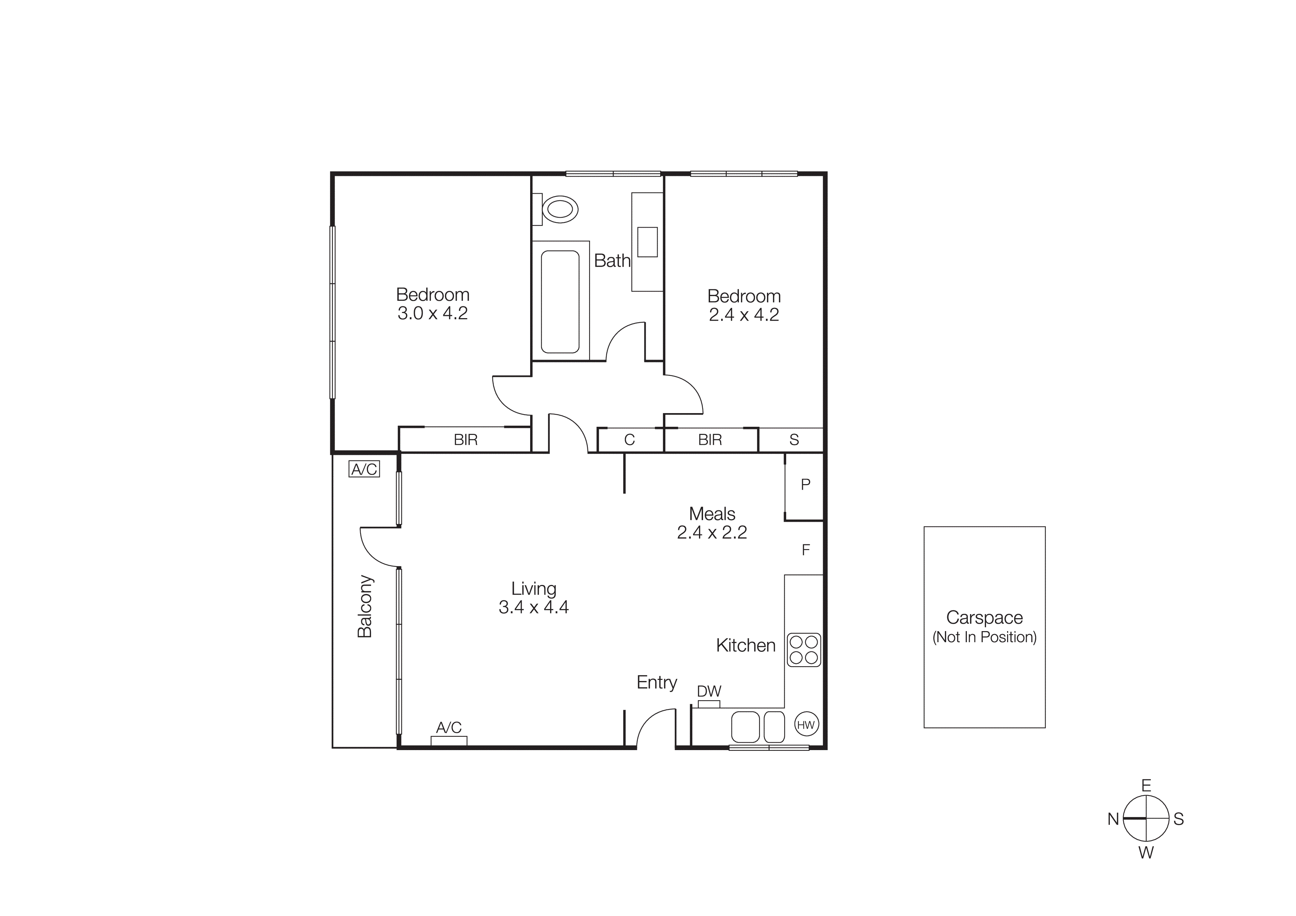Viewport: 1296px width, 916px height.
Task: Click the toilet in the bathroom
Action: coord(559,210)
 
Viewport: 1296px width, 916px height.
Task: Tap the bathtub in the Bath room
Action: coord(560,302)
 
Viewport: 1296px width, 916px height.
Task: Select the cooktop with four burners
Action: coord(804,650)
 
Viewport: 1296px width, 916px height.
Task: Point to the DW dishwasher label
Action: coord(709,691)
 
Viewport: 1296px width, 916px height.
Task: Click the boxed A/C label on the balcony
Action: coord(364,469)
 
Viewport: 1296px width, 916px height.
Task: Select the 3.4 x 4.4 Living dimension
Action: coord(533,607)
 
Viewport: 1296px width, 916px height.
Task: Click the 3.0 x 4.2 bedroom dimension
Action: coord(432,313)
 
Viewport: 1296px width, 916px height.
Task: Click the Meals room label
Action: coord(712,514)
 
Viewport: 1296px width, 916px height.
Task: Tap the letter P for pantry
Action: coord(805,484)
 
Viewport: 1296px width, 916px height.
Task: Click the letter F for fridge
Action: coord(805,550)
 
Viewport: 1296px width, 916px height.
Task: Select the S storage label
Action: coord(794,440)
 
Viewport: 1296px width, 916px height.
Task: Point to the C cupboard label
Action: coord(630,440)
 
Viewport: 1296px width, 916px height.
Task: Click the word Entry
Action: coord(656,682)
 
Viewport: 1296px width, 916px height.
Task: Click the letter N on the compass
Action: coord(1112,819)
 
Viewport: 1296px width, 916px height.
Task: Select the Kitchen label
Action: coord(746,646)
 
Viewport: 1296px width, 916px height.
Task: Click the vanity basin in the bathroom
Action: coord(647,242)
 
